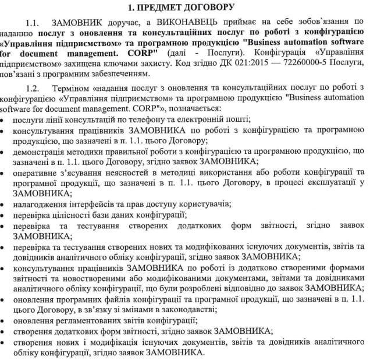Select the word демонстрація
(41, 151)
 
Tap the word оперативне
(38, 172)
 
